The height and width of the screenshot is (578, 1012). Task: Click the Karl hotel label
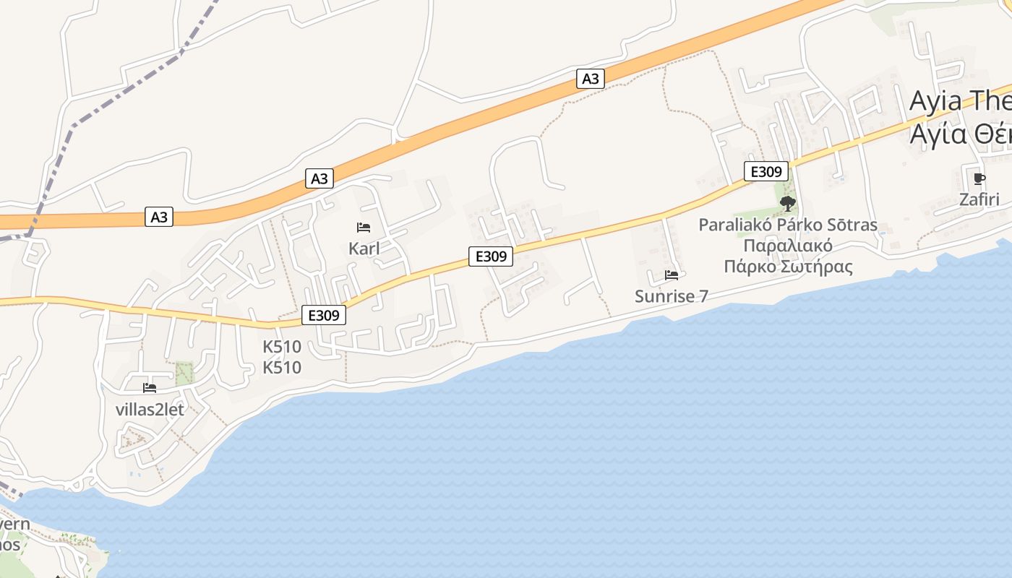coord(364,249)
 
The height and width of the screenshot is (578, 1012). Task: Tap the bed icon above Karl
coord(364,228)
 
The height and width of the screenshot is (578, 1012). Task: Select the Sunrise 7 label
coord(671,296)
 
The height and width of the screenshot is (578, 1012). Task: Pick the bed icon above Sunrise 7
coord(672,275)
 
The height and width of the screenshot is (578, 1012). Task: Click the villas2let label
coord(150,409)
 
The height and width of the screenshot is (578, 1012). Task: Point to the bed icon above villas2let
coord(150,388)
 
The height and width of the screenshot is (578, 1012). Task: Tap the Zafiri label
coord(979,199)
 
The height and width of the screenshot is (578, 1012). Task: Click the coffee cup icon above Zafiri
coord(979,178)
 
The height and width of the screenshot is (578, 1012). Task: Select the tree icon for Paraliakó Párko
coord(788,203)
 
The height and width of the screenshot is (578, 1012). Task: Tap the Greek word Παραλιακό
coord(788,246)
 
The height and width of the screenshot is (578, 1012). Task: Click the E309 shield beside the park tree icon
coord(766,172)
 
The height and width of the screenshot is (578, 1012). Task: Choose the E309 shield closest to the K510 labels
coord(324,315)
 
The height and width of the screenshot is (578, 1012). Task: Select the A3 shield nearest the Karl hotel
coord(320,178)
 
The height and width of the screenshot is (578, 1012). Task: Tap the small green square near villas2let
coord(185,373)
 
